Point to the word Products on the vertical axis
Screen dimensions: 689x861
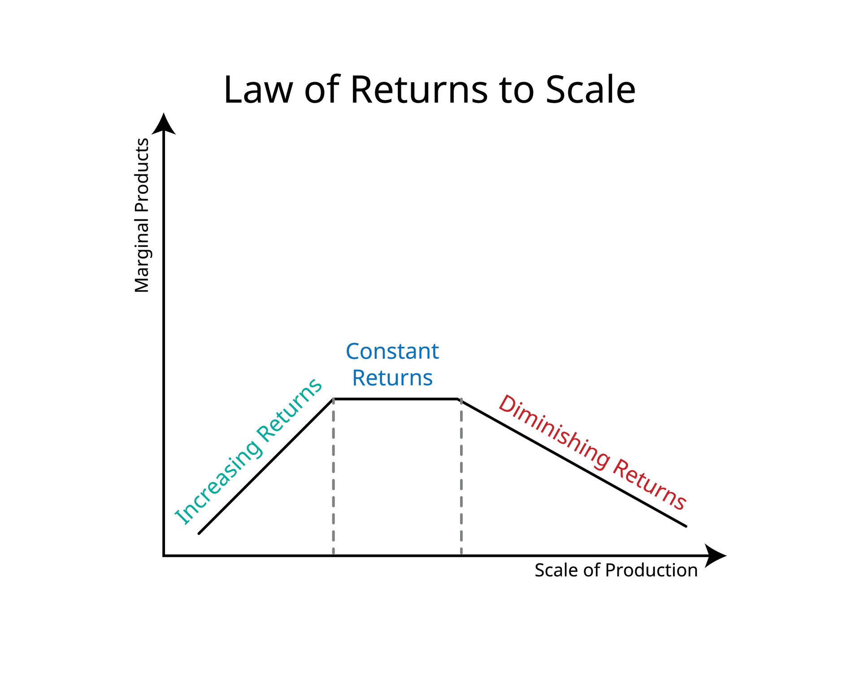tap(142, 175)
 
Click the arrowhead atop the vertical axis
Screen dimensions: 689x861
tap(164, 124)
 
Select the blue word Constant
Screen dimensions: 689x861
tap(392, 351)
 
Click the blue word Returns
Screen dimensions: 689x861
tap(392, 378)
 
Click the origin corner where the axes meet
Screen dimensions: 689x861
tap(164, 556)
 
